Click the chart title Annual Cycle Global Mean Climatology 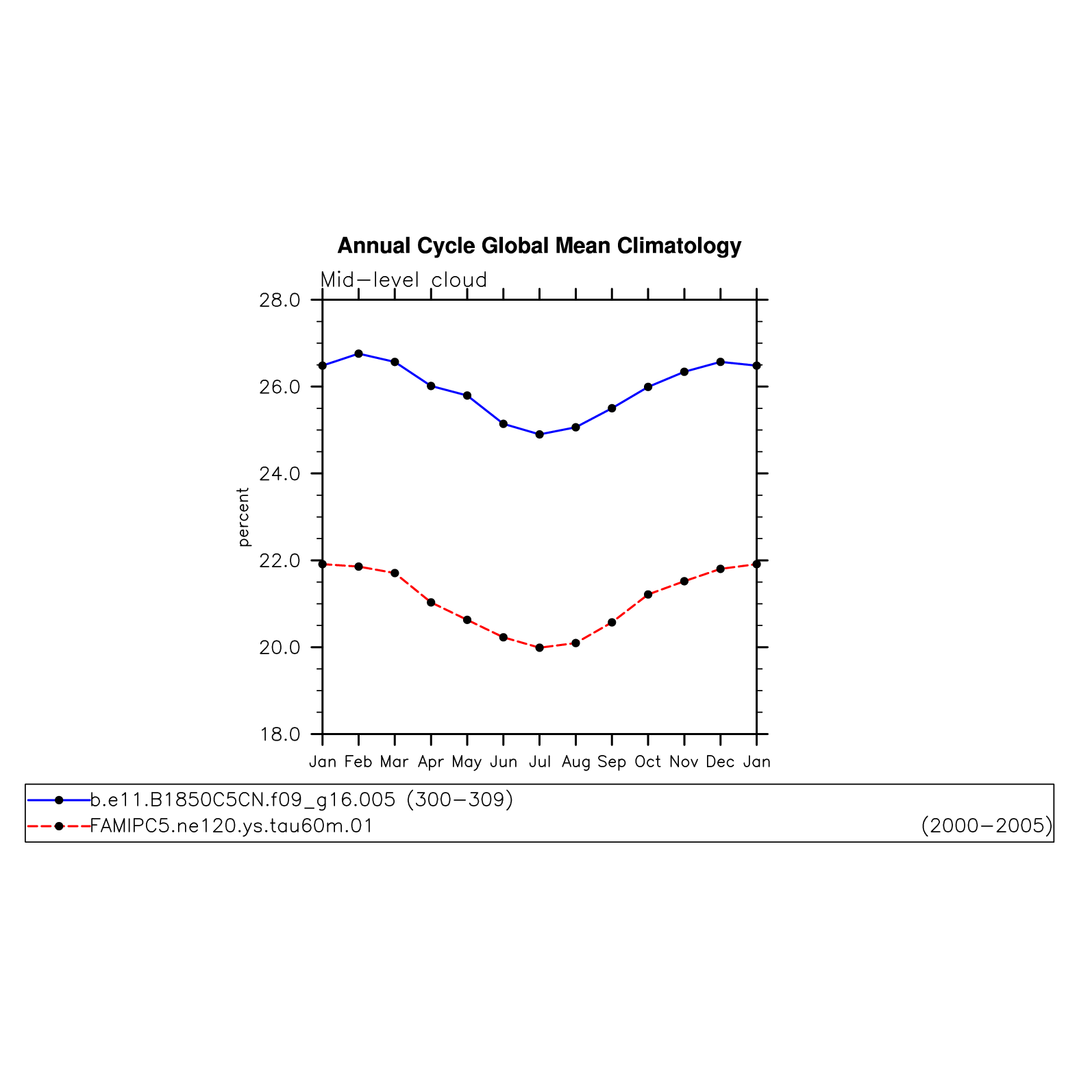[539, 245]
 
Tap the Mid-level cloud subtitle [404, 280]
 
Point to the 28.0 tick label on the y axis [280, 300]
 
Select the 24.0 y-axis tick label [280, 473]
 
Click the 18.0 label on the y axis [280, 734]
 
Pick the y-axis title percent [243, 517]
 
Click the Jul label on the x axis [540, 762]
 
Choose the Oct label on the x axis [648, 762]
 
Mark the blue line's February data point [358, 354]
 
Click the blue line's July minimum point [540, 434]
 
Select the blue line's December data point [721, 362]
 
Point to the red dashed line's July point [540, 647]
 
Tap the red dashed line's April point [431, 602]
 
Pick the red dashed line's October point [648, 595]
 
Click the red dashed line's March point [395, 573]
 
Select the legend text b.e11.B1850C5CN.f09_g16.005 [243, 800]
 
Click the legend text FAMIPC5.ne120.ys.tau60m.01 [232, 826]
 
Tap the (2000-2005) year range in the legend [987, 826]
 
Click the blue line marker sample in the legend [59, 800]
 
